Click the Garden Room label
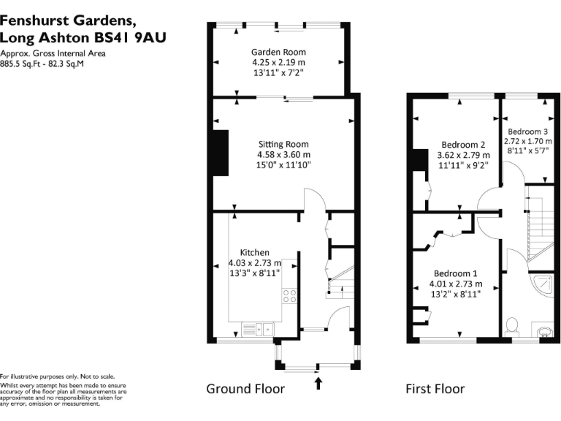coord(278,52)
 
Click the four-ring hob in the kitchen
coord(289,296)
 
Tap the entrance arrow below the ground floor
coord(318,382)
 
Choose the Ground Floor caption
coord(245,388)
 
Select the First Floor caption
coord(435,388)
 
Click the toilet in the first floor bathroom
coord(512,324)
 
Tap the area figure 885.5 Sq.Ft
coord(20,64)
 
